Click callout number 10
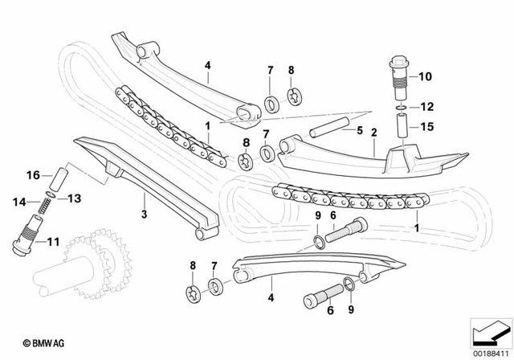click(x=426, y=77)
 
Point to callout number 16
click(x=33, y=174)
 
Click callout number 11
click(x=52, y=239)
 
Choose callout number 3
click(x=144, y=215)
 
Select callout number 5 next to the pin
click(x=360, y=129)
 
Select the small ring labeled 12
click(x=399, y=106)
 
